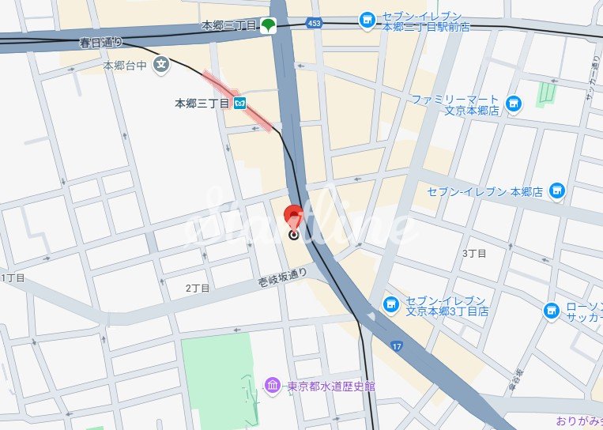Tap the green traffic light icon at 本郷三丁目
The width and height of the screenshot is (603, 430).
point(269,26)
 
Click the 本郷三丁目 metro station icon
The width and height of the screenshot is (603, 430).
point(239,103)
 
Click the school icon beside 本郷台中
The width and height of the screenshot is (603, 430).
point(161,65)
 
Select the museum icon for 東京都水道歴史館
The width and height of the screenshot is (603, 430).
point(273,386)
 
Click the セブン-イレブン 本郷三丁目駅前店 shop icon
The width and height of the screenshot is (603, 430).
point(367,21)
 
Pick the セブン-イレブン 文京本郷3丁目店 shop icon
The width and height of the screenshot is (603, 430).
point(390,304)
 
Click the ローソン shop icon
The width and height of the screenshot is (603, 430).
point(552,311)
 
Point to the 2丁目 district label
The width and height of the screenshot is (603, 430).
point(198,289)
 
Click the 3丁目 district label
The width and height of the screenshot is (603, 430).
point(473,253)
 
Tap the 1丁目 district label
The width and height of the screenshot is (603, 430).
point(13,278)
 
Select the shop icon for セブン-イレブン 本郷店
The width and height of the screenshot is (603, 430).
point(557,190)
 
